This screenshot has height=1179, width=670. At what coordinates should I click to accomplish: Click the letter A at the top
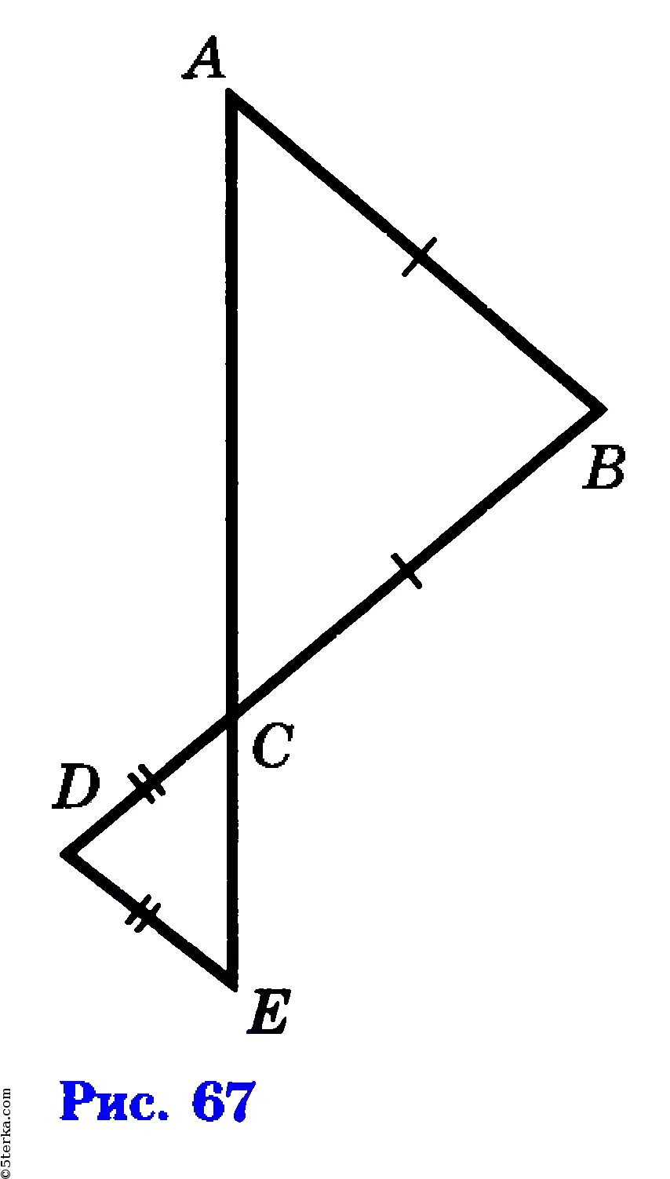pos(204,60)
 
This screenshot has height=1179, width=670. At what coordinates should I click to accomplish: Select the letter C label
pos(272,746)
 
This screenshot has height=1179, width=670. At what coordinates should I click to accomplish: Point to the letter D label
pos(75,788)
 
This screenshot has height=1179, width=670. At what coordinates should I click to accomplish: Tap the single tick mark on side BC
pos(408,570)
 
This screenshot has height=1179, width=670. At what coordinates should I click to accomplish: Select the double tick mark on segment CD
pos(147,783)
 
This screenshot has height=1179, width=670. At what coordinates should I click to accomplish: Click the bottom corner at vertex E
pos(231,984)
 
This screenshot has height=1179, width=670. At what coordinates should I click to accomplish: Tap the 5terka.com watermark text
pos(7,1130)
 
